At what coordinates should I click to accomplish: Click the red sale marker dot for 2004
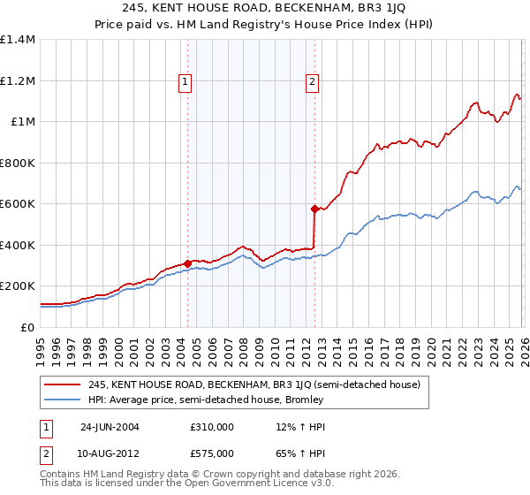(187, 263)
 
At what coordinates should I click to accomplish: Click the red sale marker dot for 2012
(314, 209)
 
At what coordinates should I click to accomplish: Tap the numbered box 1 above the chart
(185, 82)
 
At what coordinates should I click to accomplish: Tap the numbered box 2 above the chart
(313, 82)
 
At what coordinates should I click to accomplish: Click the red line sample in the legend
(63, 385)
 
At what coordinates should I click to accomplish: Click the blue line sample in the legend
(63, 400)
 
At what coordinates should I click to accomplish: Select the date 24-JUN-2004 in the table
(110, 427)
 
